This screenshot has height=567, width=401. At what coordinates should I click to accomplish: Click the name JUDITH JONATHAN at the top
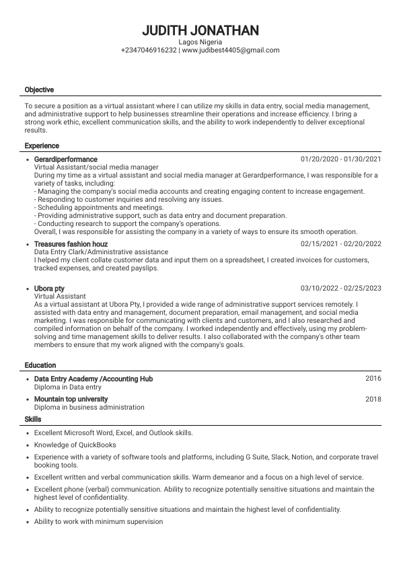point(200,31)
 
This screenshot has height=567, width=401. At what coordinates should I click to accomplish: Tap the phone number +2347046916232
point(149,50)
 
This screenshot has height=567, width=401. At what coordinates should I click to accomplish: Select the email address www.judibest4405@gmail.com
point(231,50)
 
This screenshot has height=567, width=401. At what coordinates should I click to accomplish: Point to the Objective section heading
point(39,89)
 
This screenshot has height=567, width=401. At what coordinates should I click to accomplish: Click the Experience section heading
point(42,146)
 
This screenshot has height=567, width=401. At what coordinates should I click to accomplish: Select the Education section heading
point(40,365)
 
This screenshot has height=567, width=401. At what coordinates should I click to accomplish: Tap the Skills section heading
point(33,419)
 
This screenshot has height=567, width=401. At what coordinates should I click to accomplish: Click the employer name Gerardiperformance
point(65,159)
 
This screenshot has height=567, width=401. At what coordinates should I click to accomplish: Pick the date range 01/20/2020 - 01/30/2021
point(340,159)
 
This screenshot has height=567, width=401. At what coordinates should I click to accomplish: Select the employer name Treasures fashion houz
point(71,244)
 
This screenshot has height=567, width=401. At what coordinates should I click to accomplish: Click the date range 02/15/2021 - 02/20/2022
point(340,244)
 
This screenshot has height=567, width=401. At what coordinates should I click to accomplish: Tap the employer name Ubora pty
point(49,289)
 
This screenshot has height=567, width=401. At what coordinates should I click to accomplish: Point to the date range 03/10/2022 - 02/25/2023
point(340,289)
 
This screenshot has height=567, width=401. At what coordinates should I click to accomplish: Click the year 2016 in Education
point(373,379)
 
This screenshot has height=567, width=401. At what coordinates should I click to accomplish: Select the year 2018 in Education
point(373,400)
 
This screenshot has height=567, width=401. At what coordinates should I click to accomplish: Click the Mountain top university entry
point(71,400)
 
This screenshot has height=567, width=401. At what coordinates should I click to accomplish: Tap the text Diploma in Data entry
point(68,387)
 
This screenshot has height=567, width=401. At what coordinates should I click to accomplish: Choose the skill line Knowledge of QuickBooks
point(75,445)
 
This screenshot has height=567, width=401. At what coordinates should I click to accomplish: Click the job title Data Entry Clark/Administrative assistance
point(101,252)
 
